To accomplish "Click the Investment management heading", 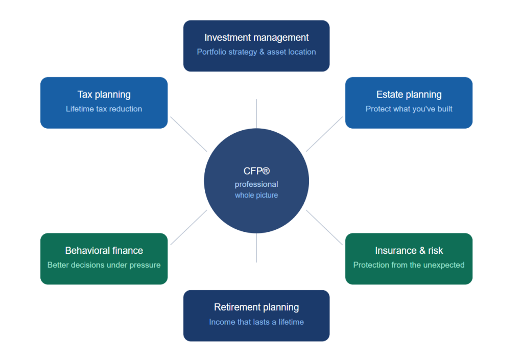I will [x=256, y=38].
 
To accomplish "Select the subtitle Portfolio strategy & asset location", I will [x=256, y=52].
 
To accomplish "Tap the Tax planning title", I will [x=104, y=94].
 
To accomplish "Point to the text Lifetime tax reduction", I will [x=104, y=109].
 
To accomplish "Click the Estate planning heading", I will [x=409, y=94].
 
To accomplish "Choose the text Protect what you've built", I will [x=409, y=109].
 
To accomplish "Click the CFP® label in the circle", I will [x=256, y=171].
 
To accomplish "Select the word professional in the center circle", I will [x=256, y=184].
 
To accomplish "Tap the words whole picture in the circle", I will [x=256, y=195].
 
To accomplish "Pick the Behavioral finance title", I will [x=104, y=251].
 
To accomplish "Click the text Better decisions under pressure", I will [x=104, y=265].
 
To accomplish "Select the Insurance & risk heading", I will [x=409, y=251].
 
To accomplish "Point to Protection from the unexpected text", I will [x=409, y=265].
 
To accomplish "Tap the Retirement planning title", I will [x=256, y=307].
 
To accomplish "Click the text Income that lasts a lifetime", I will [x=256, y=322].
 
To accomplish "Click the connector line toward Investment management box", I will [x=256, y=113].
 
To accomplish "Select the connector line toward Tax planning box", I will [x=188, y=134].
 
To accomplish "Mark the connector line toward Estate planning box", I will [x=324, y=134].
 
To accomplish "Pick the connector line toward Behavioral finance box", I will [x=188, y=227].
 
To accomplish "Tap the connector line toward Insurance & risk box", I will [x=324, y=227].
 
